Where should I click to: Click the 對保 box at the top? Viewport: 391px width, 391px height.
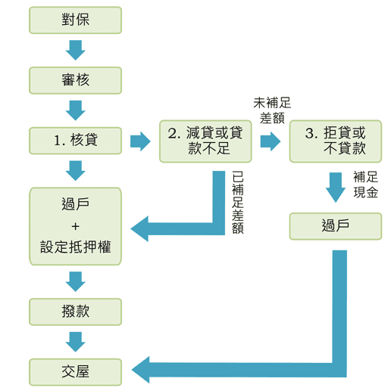click(x=75, y=20)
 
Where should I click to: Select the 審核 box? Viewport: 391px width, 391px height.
click(x=75, y=80)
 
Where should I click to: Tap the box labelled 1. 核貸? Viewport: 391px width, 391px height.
click(x=75, y=141)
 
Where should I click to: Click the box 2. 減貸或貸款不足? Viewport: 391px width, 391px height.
click(x=206, y=141)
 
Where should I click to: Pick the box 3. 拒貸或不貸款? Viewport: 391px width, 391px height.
click(x=335, y=141)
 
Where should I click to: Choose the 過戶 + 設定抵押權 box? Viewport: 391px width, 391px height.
click(x=75, y=225)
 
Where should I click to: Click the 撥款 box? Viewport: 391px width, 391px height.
click(x=75, y=311)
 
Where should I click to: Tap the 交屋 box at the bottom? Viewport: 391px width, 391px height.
click(x=75, y=371)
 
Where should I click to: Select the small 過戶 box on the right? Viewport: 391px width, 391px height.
click(x=335, y=225)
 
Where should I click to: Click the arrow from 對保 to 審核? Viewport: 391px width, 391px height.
click(x=75, y=50)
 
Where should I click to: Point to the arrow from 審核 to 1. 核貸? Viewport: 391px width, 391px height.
click(x=75, y=110)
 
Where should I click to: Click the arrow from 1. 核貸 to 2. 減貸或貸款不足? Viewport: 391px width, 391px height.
click(x=140, y=141)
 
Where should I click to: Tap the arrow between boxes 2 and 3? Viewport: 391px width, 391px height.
click(x=270, y=141)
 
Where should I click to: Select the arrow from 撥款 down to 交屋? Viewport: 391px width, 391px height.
click(x=75, y=341)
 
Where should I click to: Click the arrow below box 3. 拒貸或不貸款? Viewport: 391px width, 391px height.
click(x=335, y=186)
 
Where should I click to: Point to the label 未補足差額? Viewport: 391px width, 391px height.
click(x=272, y=110)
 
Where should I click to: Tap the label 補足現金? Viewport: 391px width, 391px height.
click(x=365, y=185)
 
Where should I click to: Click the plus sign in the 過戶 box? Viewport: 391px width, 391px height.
click(x=75, y=225)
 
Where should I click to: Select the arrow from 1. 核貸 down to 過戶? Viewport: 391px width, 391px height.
click(x=75, y=172)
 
